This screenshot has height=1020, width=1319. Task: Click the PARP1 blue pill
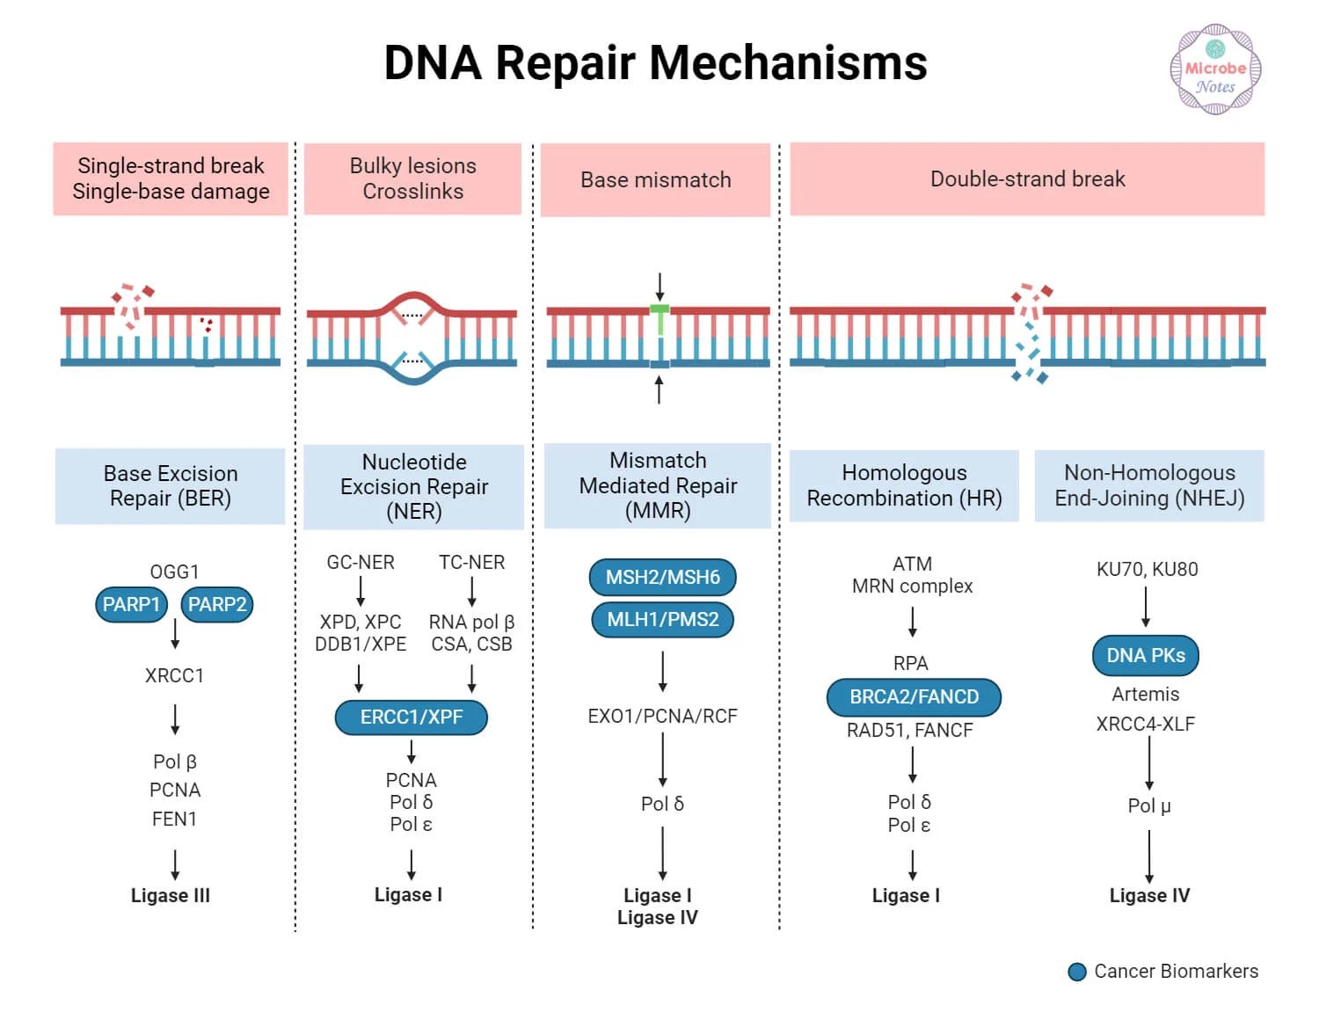coord(131,605)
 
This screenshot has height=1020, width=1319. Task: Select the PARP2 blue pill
coord(217,605)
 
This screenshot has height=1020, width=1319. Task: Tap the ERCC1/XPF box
coord(412,718)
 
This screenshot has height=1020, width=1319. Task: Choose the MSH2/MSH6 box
coord(662,578)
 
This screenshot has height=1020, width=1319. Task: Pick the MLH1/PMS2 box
coord(662,620)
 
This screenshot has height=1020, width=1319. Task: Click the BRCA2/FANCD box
coord(914,697)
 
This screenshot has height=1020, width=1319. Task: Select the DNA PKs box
coord(1146,656)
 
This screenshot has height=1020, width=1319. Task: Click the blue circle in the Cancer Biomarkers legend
coord(1077,972)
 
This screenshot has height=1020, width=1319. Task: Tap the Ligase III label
coord(171,896)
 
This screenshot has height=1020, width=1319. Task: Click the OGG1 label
coord(174,572)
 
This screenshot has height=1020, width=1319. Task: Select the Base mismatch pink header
coord(655,180)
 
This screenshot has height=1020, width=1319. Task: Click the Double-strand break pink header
coord(1027,179)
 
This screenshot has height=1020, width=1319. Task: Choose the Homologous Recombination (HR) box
coord(904,485)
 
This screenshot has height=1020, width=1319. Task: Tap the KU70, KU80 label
coord(1147,570)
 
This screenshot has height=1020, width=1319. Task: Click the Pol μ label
coord(1148,806)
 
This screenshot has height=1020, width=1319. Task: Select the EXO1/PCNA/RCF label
coord(662,717)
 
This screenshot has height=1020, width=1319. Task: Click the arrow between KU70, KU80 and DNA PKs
coord(1146,607)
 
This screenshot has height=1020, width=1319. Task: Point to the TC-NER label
coord(471,563)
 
